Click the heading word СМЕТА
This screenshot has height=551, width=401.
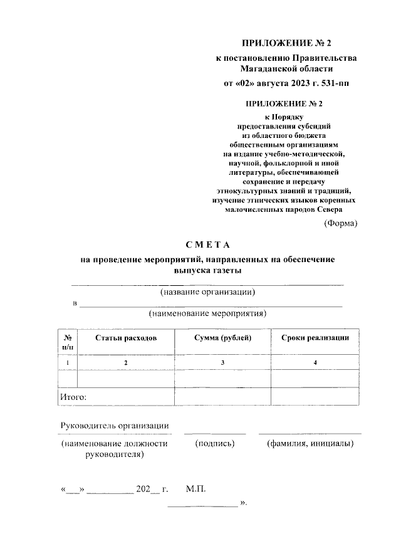[209, 244]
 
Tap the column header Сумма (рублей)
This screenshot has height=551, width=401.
[222, 338]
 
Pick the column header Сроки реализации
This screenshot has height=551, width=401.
[315, 338]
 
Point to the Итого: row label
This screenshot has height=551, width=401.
[73, 397]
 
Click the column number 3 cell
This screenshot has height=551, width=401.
[222, 363]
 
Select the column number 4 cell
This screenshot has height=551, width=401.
[315, 363]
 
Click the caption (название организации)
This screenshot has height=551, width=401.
[208, 292]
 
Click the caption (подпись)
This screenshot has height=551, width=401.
[215, 444]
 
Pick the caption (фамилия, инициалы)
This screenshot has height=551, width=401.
[310, 444]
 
